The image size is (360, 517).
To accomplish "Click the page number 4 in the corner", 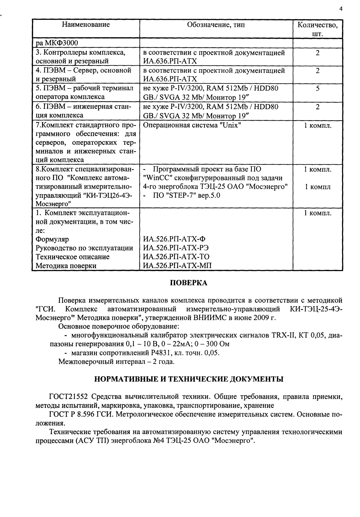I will point(341,9).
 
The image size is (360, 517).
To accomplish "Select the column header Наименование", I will point(86,25).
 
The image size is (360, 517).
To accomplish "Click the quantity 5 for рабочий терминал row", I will point(317,89).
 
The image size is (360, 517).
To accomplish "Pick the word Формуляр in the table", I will point(52,239).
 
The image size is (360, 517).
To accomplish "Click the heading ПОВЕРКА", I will point(189,283).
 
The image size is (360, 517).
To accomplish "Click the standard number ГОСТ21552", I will point(69,397).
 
